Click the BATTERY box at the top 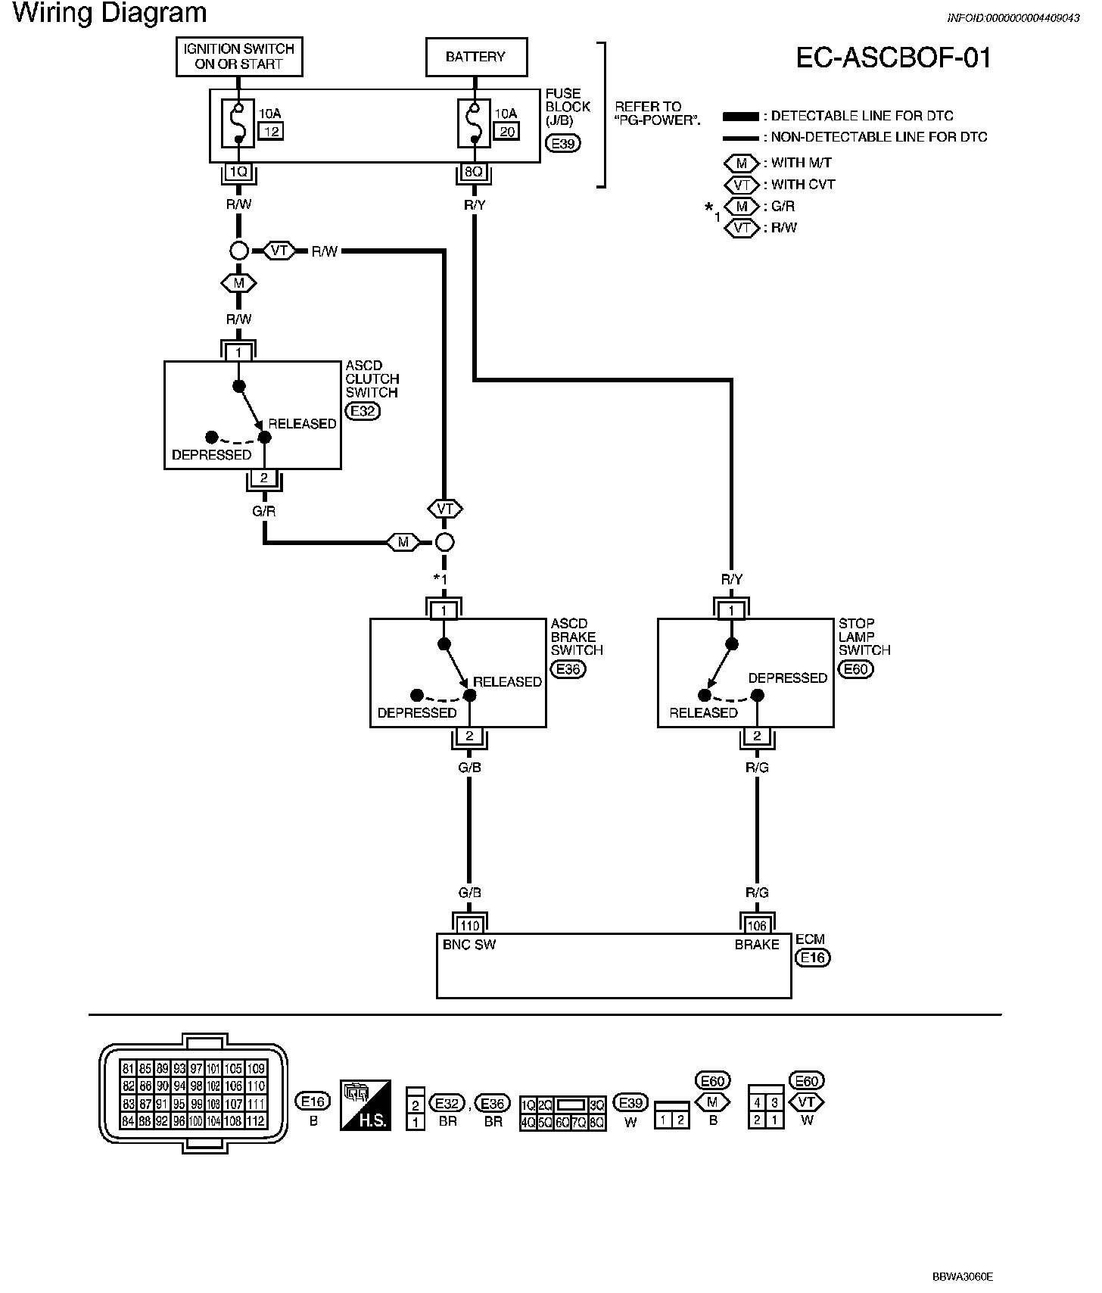click(x=475, y=57)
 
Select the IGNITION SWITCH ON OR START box click(x=239, y=57)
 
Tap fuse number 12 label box click(x=270, y=132)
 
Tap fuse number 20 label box click(x=506, y=132)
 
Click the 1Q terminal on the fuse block click(x=238, y=172)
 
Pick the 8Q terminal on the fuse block click(x=474, y=172)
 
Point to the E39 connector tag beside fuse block click(x=563, y=142)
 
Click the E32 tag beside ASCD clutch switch click(x=363, y=411)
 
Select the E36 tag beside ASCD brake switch click(x=568, y=669)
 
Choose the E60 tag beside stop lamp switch click(x=856, y=669)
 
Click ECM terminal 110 click(x=469, y=925)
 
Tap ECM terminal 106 click(x=757, y=925)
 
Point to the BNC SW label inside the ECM click(x=469, y=945)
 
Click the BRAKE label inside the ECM click(x=757, y=945)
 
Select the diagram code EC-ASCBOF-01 click(x=894, y=58)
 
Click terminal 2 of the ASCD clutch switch click(x=263, y=478)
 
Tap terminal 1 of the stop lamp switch click(x=731, y=610)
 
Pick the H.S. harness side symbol click(x=366, y=1105)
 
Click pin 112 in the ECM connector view click(x=256, y=1121)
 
